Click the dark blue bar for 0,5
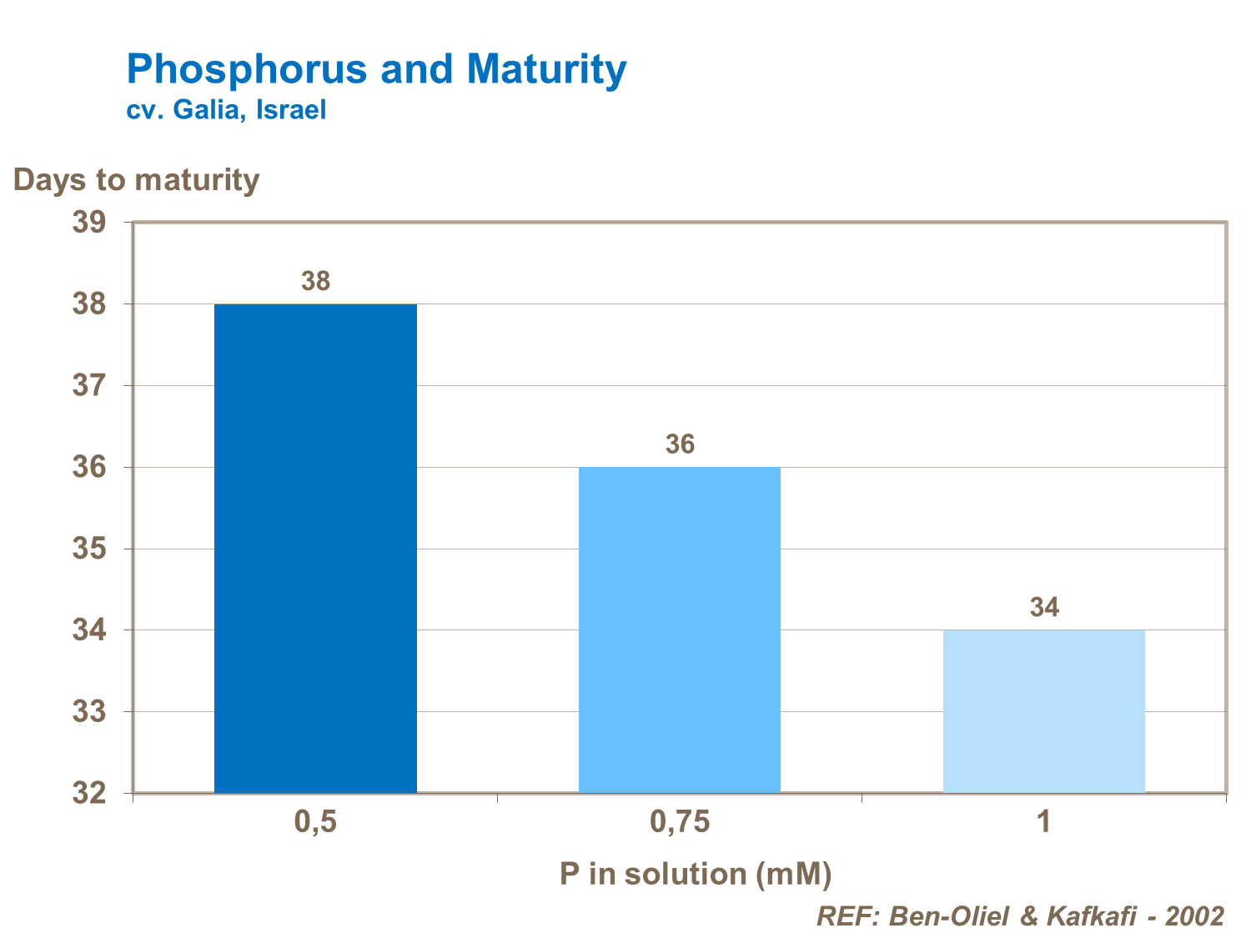pyautogui.click(x=315, y=548)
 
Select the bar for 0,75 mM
pyautogui.click(x=680, y=630)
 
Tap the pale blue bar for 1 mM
pyautogui.click(x=1043, y=710)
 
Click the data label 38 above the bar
pyautogui.click(x=316, y=282)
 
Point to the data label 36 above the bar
pyautogui.click(x=680, y=444)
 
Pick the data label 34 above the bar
pyautogui.click(x=1044, y=607)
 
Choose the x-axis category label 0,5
pyautogui.click(x=315, y=823)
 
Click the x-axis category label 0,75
pyautogui.click(x=680, y=823)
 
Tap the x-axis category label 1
pyautogui.click(x=1043, y=823)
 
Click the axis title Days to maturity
pyautogui.click(x=136, y=179)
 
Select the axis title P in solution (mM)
pyautogui.click(x=696, y=874)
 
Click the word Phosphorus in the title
pyautogui.click(x=247, y=69)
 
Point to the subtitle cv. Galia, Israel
pyautogui.click(x=226, y=110)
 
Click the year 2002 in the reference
pyautogui.click(x=1194, y=916)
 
